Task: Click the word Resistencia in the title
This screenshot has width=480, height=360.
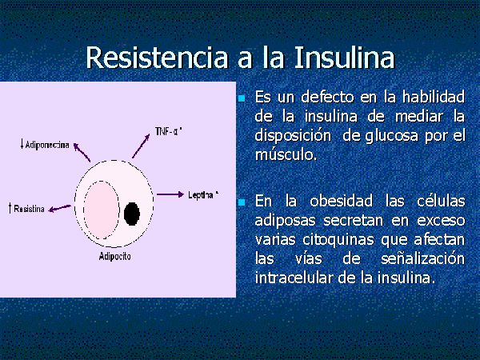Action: (157, 58)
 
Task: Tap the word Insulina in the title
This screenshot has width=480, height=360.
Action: (344, 58)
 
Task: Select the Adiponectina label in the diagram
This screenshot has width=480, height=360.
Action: (45, 144)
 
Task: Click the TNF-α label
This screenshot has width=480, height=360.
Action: (169, 132)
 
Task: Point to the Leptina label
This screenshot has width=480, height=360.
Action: (203, 194)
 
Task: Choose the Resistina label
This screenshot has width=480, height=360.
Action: (26, 209)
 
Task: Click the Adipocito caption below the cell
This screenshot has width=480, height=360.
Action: (114, 256)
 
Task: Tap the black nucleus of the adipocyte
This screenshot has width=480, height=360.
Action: (132, 214)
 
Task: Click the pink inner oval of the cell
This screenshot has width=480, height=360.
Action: (102, 210)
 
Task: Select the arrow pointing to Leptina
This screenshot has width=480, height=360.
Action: (170, 194)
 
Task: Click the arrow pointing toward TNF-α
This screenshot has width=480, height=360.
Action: (141, 146)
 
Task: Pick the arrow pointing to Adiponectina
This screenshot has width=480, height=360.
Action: (82, 152)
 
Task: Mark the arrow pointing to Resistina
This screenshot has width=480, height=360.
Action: (60, 208)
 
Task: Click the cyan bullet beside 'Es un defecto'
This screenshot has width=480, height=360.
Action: (242, 98)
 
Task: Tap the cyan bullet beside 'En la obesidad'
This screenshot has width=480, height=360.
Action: (242, 202)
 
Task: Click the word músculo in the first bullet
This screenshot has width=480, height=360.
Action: (286, 154)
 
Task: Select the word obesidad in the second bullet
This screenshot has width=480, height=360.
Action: (341, 201)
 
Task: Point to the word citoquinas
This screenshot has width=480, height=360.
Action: (338, 240)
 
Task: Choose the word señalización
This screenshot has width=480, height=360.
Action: (422, 259)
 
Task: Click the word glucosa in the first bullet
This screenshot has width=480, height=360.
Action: (391, 136)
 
